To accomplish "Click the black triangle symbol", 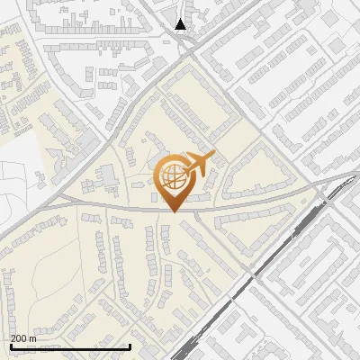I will pyautogui.click(x=181, y=24).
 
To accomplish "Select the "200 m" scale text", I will pyautogui.click(x=23, y=338).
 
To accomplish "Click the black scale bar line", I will pyautogui.click(x=70, y=346).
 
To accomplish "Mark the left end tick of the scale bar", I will pyautogui.click(x=10, y=346).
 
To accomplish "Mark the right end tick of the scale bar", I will pyautogui.click(x=130, y=346).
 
